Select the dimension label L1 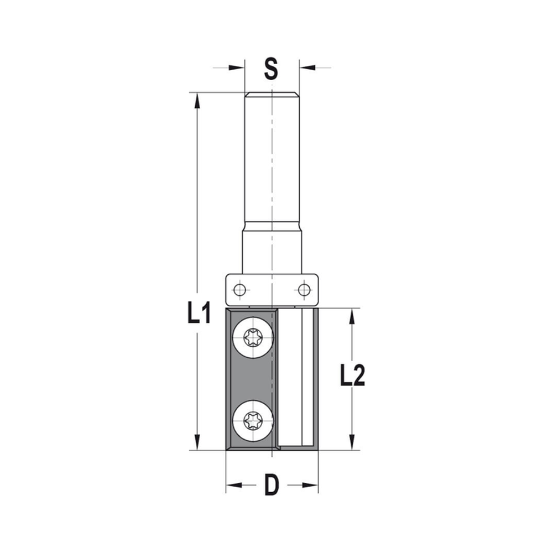coord(199,314)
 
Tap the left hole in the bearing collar coord(239,289)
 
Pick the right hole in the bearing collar coord(303,289)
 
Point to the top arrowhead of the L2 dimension coord(352,316)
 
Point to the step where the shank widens coord(272,226)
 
